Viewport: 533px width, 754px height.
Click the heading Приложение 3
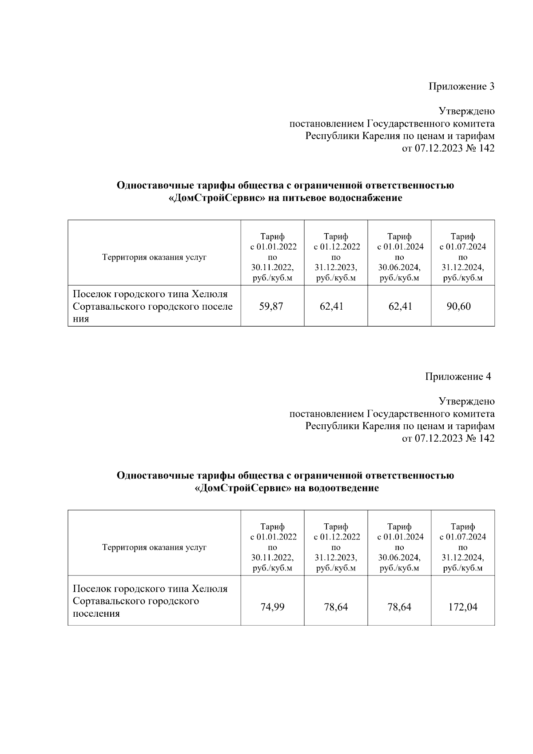coord(461,86)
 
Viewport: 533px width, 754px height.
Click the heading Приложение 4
coord(458,376)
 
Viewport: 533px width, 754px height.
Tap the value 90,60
coord(459,306)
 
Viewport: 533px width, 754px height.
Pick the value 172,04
coord(463,607)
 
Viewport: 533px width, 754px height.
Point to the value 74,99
coord(272,607)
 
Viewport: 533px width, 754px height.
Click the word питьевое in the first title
coord(304,198)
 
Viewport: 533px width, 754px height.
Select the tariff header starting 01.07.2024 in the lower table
coord(463,547)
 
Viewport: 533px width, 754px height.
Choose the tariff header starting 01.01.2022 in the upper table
coord(273,257)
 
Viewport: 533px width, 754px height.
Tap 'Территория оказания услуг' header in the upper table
coord(154,257)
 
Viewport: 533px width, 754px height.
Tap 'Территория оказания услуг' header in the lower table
coord(154,547)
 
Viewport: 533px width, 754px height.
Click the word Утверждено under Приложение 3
coord(466,111)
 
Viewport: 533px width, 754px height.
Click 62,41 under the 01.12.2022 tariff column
coord(331,306)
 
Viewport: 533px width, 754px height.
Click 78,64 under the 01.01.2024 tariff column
coord(399,607)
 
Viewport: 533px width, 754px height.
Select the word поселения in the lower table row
coord(96,614)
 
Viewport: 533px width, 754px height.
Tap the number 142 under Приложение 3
coord(486,148)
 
